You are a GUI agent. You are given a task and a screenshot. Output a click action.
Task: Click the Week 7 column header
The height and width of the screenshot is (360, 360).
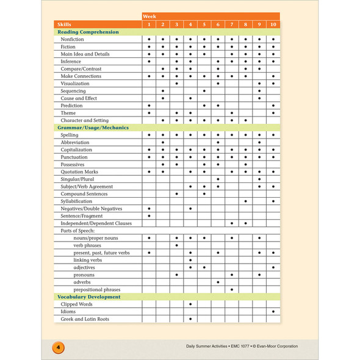(232, 24)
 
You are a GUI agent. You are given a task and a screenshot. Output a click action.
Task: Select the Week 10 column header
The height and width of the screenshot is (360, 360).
(273, 24)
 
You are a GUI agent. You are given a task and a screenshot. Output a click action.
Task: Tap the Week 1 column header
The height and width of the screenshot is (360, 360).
(149, 24)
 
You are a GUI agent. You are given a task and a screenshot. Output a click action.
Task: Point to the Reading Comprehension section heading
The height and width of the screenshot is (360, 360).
(88, 32)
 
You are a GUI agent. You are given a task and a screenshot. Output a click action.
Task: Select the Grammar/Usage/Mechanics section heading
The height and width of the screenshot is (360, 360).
(93, 128)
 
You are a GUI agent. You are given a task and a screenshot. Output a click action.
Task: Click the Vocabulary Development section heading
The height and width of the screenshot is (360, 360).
(88, 297)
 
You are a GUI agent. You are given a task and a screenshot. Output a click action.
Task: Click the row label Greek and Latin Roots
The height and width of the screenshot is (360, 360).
(85, 319)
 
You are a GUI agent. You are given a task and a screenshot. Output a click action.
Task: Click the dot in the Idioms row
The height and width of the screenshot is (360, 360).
(273, 311)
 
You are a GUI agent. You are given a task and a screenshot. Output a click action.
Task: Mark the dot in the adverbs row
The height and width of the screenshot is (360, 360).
(218, 282)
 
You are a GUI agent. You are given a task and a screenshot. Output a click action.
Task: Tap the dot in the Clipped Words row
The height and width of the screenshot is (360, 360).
(190, 304)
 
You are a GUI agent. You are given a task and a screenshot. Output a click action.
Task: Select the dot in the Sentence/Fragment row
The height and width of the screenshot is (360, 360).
(149, 215)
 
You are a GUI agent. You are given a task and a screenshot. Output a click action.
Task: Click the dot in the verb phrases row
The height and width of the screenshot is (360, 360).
(176, 245)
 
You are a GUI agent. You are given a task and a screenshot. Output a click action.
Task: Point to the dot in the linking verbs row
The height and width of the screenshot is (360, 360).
(190, 260)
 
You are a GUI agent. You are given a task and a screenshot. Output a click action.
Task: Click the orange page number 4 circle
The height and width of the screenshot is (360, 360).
(57, 347)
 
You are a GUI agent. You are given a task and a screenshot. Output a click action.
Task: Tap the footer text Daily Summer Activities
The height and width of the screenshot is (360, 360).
(211, 347)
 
